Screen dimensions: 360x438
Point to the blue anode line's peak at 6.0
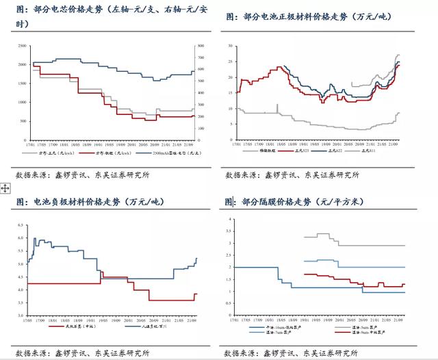tap(35, 238)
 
